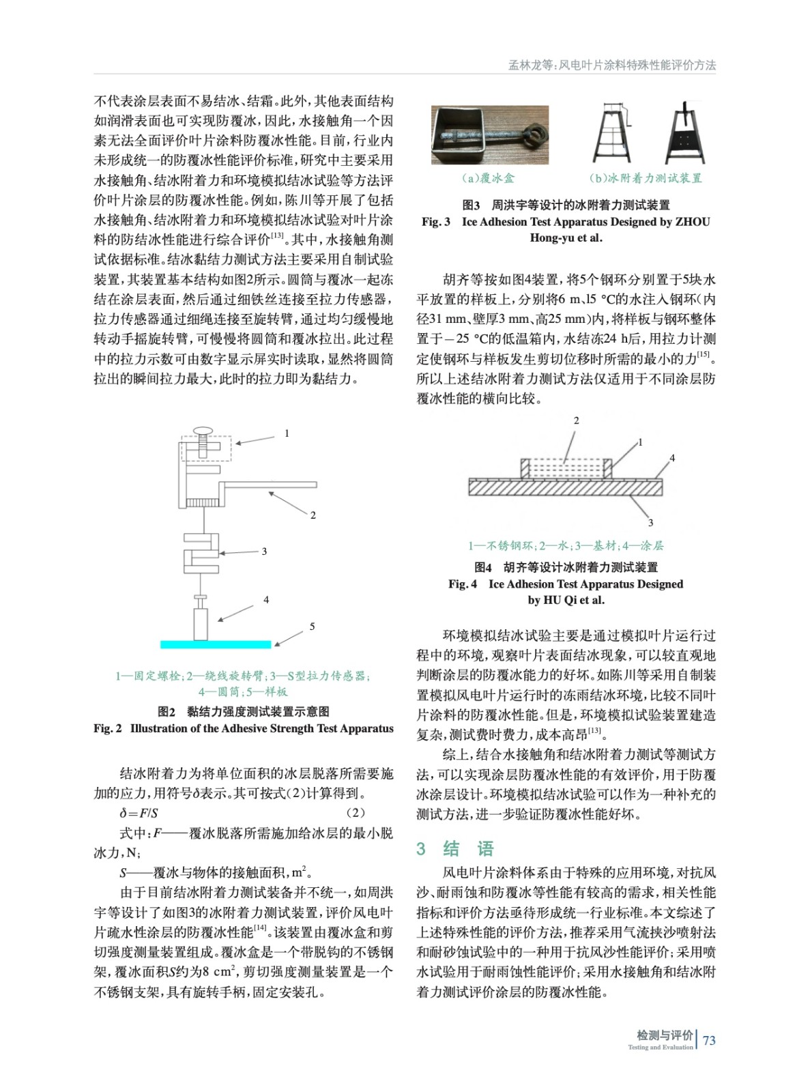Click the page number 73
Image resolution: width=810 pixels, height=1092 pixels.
pyautogui.click(x=709, y=1040)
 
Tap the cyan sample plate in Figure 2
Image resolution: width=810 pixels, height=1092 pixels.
pyautogui.click(x=216, y=644)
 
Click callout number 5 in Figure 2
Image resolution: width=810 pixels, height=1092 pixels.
pyautogui.click(x=312, y=627)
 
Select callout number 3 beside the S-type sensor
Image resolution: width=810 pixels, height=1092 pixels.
pyautogui.click(x=264, y=551)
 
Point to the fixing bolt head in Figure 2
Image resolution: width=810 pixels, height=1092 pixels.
pyautogui.click(x=203, y=431)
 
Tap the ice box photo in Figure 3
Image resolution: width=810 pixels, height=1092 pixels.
pyautogui.click(x=489, y=134)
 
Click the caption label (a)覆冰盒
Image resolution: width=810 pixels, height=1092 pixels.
pyautogui.click(x=489, y=178)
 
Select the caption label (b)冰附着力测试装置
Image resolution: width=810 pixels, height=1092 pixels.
pyautogui.click(x=645, y=178)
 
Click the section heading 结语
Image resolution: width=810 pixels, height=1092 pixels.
pyautogui.click(x=468, y=848)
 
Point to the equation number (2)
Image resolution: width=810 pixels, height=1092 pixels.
pyautogui.click(x=355, y=813)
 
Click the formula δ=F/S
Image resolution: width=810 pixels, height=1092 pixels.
pyautogui.click(x=139, y=813)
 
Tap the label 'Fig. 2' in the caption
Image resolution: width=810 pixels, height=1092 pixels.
pyautogui.click(x=107, y=728)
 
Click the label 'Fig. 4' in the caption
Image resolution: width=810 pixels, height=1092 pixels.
pyautogui.click(x=462, y=584)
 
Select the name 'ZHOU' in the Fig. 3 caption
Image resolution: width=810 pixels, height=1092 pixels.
pyautogui.click(x=693, y=222)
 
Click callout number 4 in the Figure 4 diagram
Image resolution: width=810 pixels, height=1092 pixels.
pyautogui.click(x=671, y=458)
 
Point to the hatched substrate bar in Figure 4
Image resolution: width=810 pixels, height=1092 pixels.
pyautogui.click(x=565, y=487)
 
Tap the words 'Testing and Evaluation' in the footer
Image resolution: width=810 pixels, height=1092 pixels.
pyautogui.click(x=660, y=1048)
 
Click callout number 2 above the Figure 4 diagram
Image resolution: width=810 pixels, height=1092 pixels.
pyautogui.click(x=576, y=420)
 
